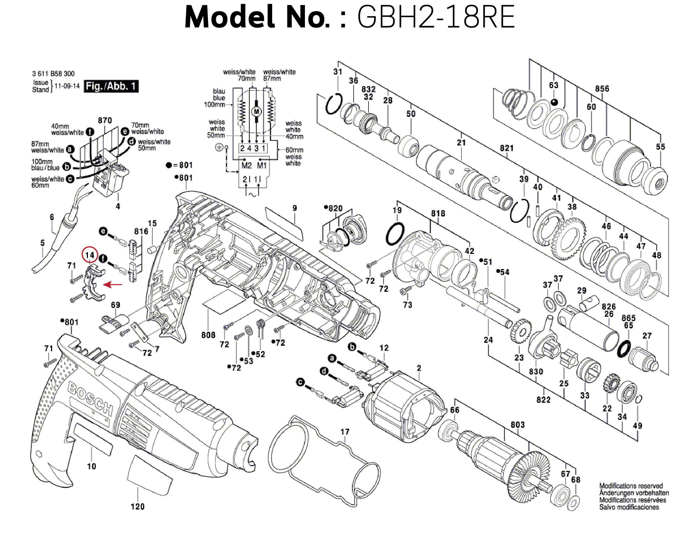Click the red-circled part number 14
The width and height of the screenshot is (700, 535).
90,255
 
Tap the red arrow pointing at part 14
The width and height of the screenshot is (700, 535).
113,284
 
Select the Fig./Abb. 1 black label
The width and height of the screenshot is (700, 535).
111,86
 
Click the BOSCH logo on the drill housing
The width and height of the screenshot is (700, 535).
91,399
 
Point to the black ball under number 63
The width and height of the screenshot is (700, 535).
554,102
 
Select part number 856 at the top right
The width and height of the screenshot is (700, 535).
602,89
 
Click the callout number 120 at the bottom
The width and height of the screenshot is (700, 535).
137,506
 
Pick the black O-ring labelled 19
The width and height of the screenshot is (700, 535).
395,234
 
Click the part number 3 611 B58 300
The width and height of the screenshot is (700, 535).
53,74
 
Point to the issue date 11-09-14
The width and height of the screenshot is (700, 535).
67,86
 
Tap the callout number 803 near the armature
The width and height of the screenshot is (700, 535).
517,424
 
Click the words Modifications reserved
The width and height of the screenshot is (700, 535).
631,486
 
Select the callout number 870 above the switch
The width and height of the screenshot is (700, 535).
105,120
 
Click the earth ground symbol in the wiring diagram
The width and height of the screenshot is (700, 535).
219,148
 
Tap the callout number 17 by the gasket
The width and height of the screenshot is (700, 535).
345,432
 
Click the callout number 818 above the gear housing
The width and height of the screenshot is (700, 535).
438,213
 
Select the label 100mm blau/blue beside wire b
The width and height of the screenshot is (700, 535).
45,165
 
